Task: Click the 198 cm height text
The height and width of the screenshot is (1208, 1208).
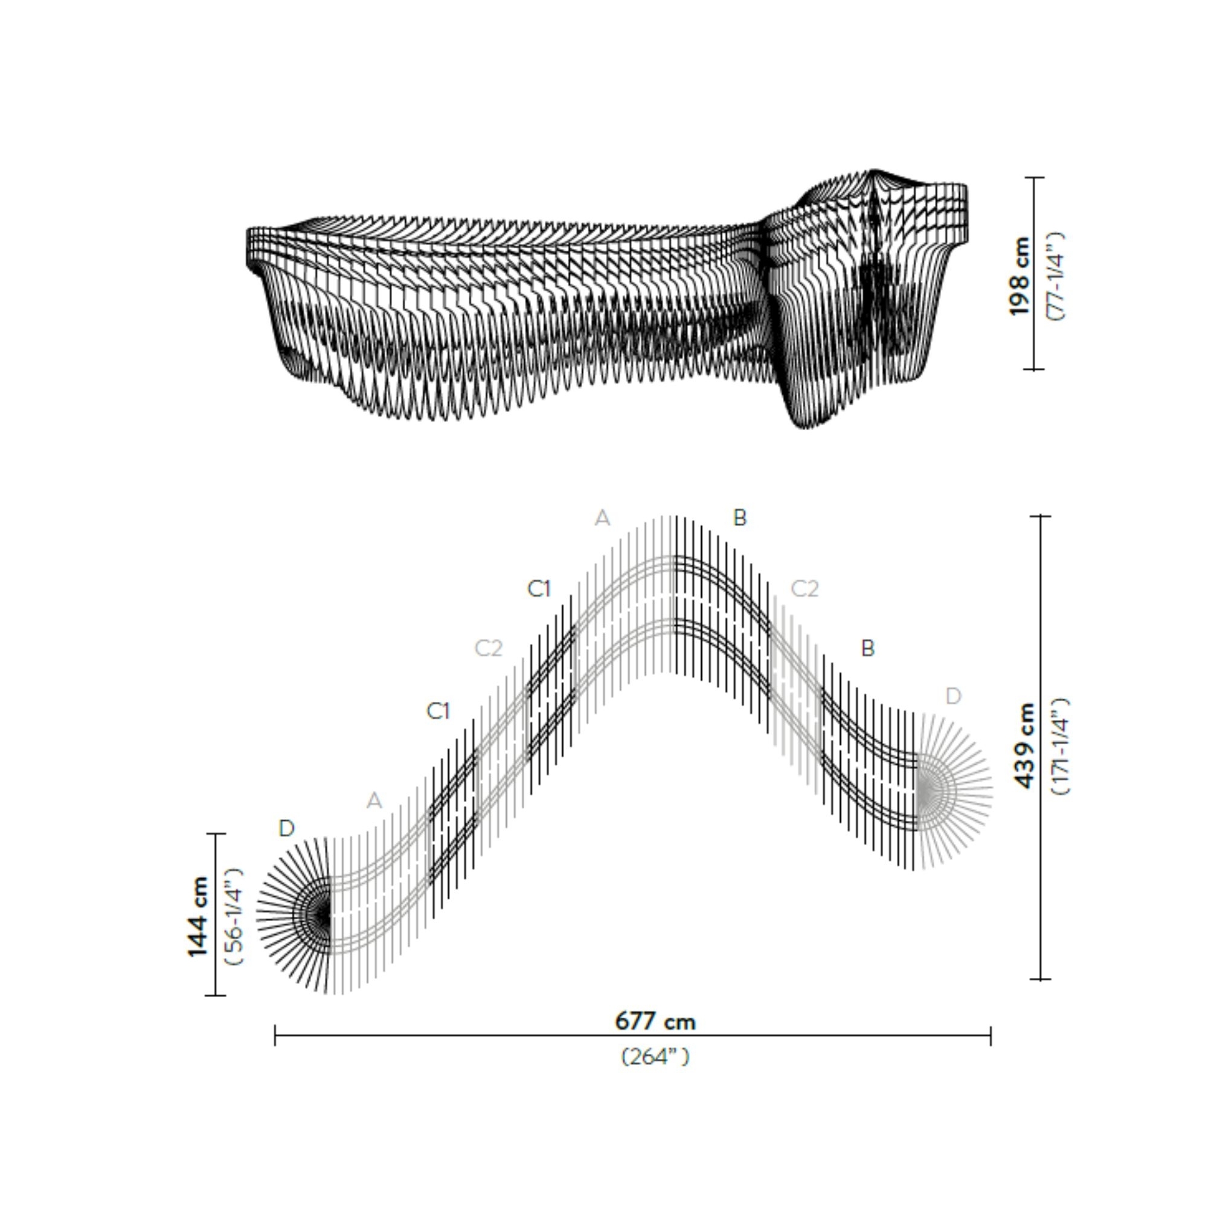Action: pos(1018,277)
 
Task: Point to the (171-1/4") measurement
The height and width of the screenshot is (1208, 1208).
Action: pos(1061,745)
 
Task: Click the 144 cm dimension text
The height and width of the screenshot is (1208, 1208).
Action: pos(198,917)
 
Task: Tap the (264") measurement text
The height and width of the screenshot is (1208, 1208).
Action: pos(655,1056)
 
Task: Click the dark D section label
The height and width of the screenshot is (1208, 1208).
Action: pos(286,829)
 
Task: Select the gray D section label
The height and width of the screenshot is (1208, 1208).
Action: pos(953,696)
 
